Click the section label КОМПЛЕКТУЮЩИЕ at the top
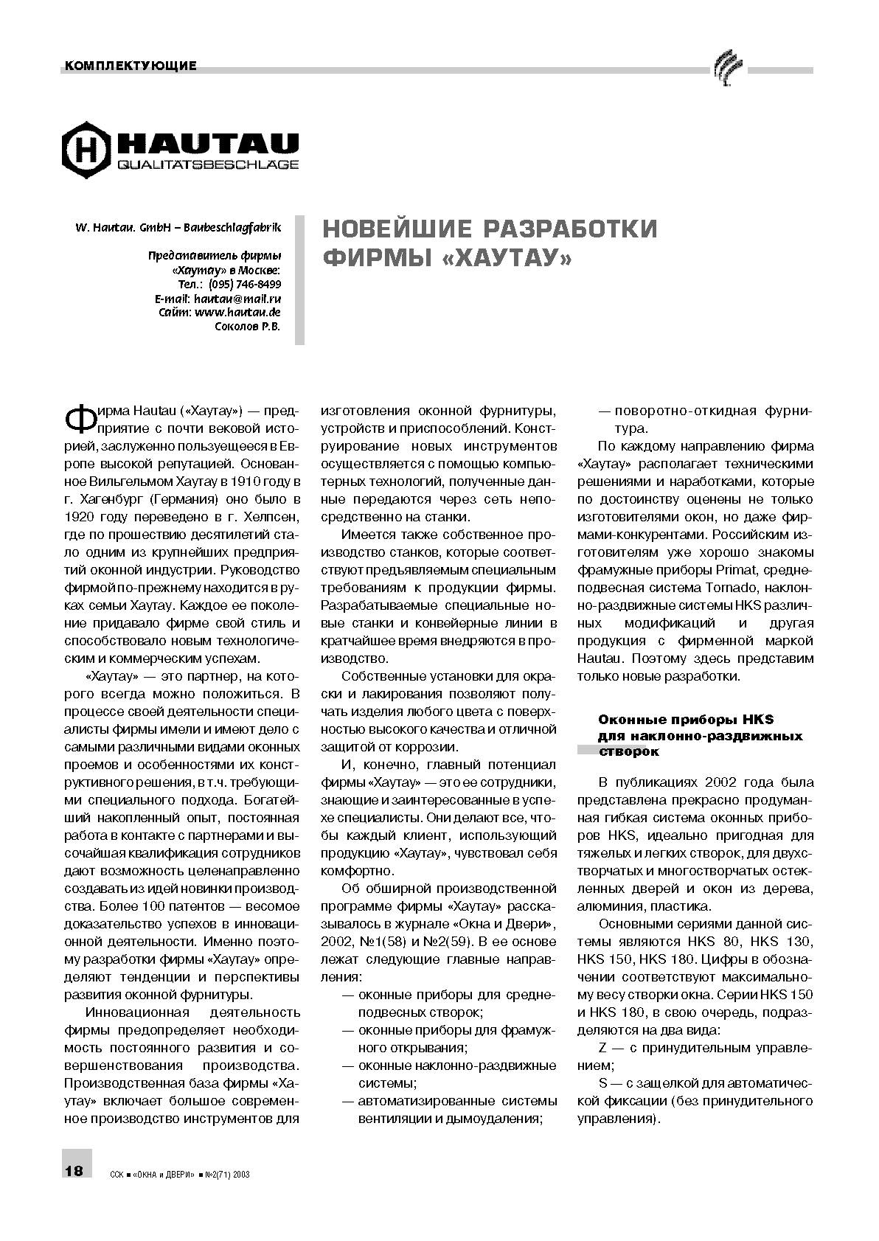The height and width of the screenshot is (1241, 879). click(131, 66)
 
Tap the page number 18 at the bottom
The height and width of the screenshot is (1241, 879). click(74, 1171)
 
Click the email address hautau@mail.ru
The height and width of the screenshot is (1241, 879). click(237, 299)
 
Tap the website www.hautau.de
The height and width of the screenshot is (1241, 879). click(237, 313)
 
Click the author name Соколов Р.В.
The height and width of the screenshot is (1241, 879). click(247, 327)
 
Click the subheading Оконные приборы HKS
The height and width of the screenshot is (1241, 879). click(685, 720)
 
